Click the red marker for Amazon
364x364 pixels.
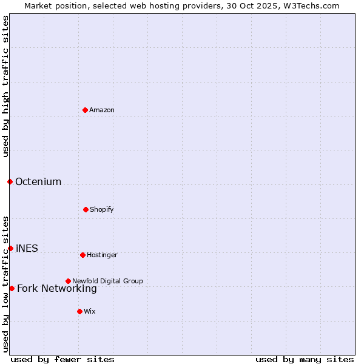[x=85, y=110]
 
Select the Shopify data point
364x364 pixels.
[x=86, y=209]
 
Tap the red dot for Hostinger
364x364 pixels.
[x=83, y=255]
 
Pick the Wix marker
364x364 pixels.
[x=79, y=311]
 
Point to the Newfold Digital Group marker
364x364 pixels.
[x=68, y=281]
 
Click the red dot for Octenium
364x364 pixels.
[x=10, y=181]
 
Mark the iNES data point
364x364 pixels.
[x=10, y=248]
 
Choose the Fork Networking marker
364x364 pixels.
[x=12, y=288]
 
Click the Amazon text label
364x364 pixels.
[x=102, y=110]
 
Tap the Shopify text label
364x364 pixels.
[x=101, y=209]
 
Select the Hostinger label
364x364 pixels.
[x=102, y=255]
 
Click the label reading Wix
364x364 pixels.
[x=90, y=311]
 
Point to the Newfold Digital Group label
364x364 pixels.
[x=107, y=281]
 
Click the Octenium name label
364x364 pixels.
[x=38, y=181]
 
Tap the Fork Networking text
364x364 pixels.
[x=57, y=288]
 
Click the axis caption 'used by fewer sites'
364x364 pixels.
[x=62, y=359]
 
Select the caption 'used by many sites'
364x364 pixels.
[x=305, y=359]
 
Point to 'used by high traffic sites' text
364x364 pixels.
[x=5, y=86]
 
